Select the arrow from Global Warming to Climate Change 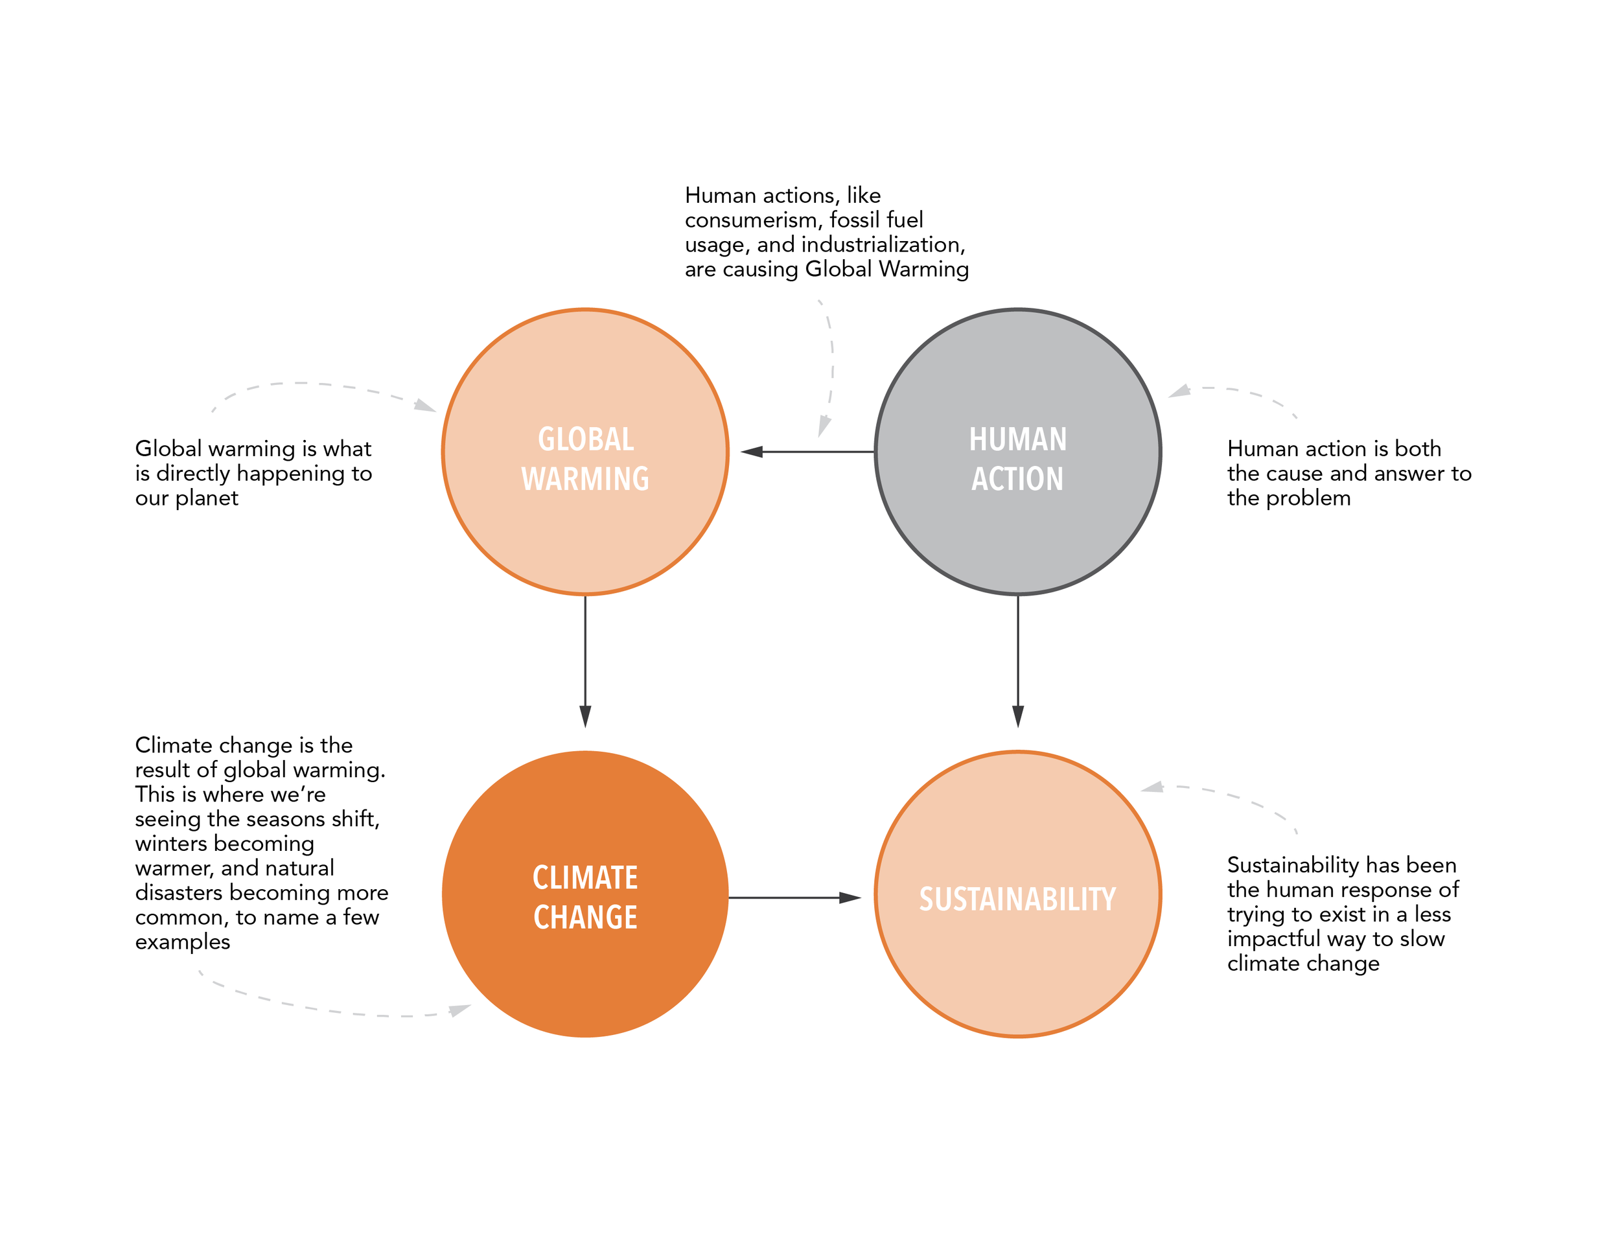585,660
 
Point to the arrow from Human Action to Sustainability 1018,660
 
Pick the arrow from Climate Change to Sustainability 794,898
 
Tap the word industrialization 882,245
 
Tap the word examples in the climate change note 183,942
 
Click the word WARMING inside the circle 585,479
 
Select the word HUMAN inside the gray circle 1018,439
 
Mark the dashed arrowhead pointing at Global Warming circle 425,406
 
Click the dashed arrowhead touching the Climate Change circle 460,1010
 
